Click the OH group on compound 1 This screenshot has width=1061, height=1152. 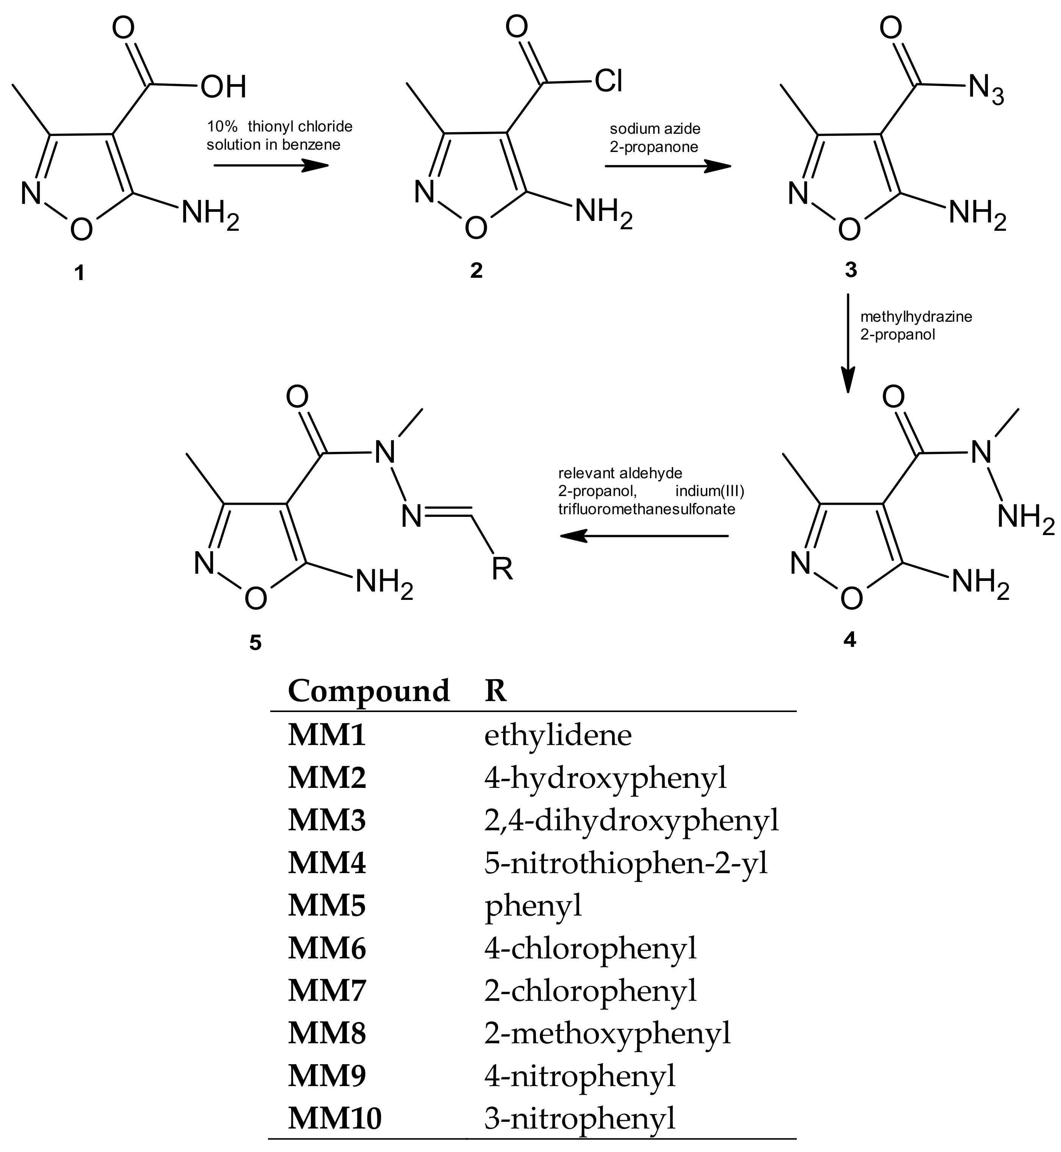click(223, 87)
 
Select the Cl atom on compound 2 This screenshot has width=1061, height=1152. click(608, 81)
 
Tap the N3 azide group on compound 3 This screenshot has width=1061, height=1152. click(986, 91)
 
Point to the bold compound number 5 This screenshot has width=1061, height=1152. click(255, 643)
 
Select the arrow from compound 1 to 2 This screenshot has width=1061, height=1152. click(270, 166)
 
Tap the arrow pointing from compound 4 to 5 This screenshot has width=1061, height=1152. click(644, 536)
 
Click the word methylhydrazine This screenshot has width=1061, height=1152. click(916, 317)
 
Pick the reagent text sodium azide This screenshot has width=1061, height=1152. click(655, 129)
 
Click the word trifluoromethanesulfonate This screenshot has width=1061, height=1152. click(646, 509)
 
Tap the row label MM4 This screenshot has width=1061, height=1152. click(327, 863)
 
